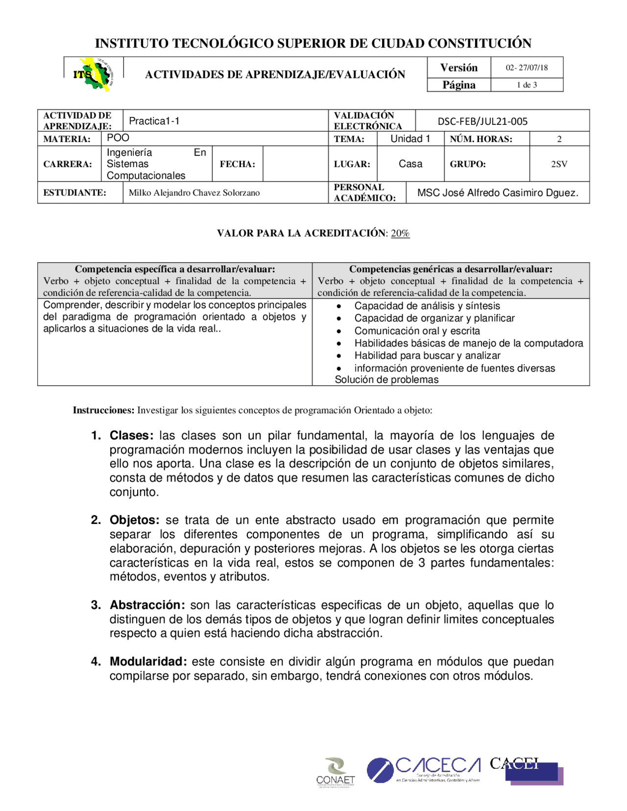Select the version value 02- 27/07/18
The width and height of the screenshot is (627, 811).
click(527, 68)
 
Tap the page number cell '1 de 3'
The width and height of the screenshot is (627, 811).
click(527, 85)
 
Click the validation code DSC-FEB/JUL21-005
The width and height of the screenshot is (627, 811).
click(482, 121)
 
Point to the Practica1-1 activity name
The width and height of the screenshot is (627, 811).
click(154, 121)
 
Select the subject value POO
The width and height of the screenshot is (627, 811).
click(118, 138)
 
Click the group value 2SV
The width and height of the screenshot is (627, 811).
click(559, 164)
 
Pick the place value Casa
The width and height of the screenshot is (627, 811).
click(410, 164)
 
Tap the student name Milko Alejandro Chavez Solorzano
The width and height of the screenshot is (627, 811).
click(194, 192)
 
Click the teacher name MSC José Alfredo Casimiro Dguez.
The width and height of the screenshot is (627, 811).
click(498, 192)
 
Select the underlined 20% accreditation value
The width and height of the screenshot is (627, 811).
click(400, 233)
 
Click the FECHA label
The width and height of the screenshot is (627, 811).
click(238, 164)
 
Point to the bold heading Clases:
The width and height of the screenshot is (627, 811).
click(132, 435)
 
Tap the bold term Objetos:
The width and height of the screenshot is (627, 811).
click(135, 520)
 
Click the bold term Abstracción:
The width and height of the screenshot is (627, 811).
click(147, 605)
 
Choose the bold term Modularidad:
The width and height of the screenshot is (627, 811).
click(148, 662)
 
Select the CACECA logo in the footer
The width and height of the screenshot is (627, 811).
click(424, 770)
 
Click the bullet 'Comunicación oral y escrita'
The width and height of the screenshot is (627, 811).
click(417, 331)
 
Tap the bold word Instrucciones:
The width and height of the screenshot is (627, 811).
click(103, 410)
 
